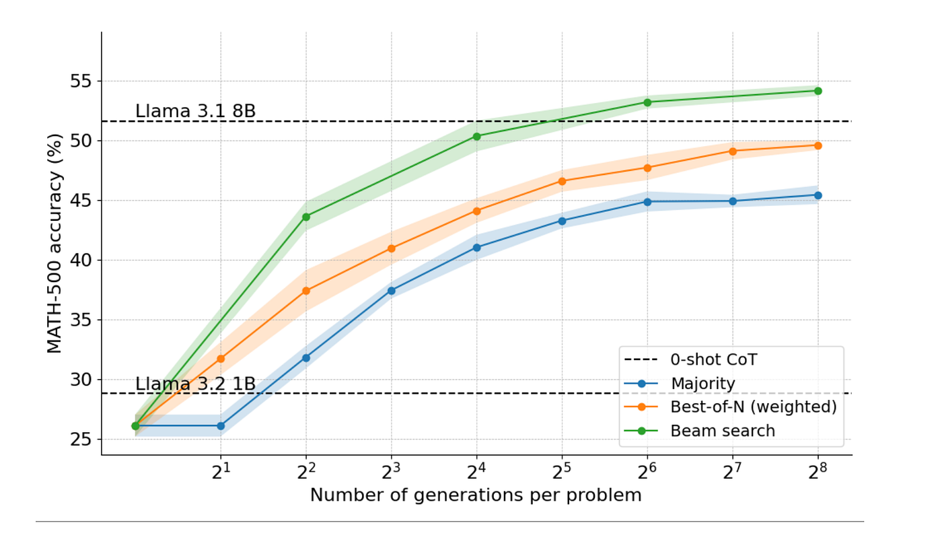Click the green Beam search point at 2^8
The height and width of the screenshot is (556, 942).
pyautogui.click(x=818, y=91)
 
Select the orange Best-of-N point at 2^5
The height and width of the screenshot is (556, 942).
pyautogui.click(x=562, y=181)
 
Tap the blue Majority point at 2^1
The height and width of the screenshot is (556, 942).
pyautogui.click(x=221, y=425)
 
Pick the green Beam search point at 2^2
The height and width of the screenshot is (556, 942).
pyautogui.click(x=306, y=217)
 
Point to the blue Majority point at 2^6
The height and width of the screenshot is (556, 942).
pyautogui.click(x=647, y=201)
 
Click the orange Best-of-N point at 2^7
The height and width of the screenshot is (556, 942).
pyautogui.click(x=733, y=151)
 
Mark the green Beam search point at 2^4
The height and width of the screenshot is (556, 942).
pyautogui.click(x=477, y=136)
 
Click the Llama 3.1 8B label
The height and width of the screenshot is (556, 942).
pyautogui.click(x=195, y=111)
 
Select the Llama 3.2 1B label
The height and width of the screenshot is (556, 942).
pyautogui.click(x=195, y=384)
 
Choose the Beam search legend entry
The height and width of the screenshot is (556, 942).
pyautogui.click(x=723, y=431)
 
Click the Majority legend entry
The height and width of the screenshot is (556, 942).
pyautogui.click(x=702, y=384)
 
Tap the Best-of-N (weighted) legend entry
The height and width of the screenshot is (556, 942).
pyautogui.click(x=753, y=407)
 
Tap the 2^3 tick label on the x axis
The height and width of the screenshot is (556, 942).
pyautogui.click(x=391, y=472)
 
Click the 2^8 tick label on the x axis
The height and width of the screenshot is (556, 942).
pyautogui.click(x=818, y=472)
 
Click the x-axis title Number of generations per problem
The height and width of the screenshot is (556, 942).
pyautogui.click(x=476, y=495)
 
